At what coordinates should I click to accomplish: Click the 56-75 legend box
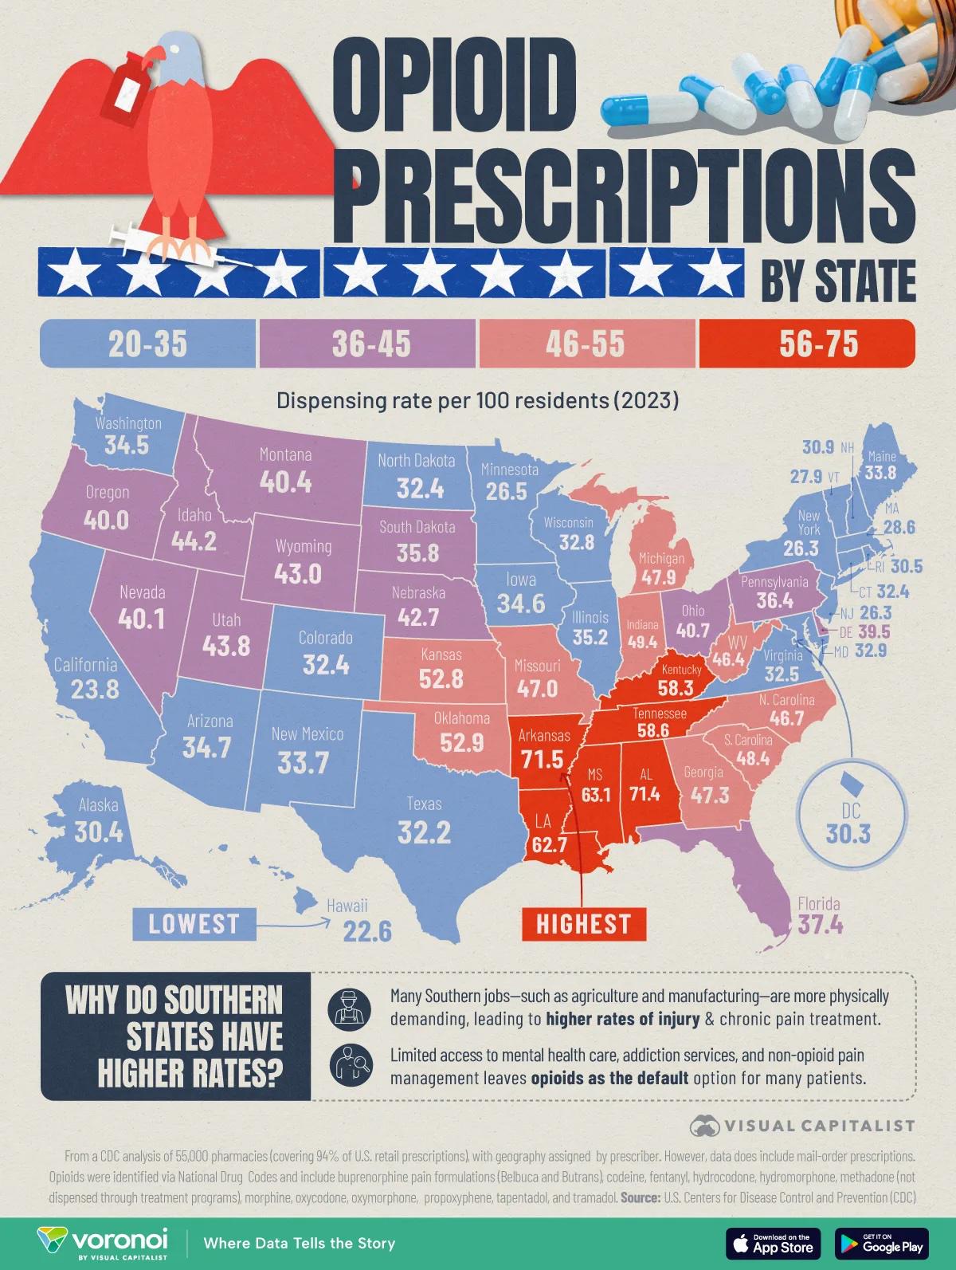click(806, 344)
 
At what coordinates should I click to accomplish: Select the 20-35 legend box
click(148, 344)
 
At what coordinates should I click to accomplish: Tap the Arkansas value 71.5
click(542, 758)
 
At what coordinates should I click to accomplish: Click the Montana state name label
click(285, 455)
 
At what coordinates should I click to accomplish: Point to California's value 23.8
click(95, 688)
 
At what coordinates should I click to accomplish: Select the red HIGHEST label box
click(583, 924)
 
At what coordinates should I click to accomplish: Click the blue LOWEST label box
click(194, 924)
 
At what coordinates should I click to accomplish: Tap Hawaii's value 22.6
click(367, 930)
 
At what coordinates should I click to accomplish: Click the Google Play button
click(882, 1242)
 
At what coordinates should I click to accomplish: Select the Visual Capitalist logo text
click(818, 1126)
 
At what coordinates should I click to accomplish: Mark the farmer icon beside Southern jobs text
click(346, 1008)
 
